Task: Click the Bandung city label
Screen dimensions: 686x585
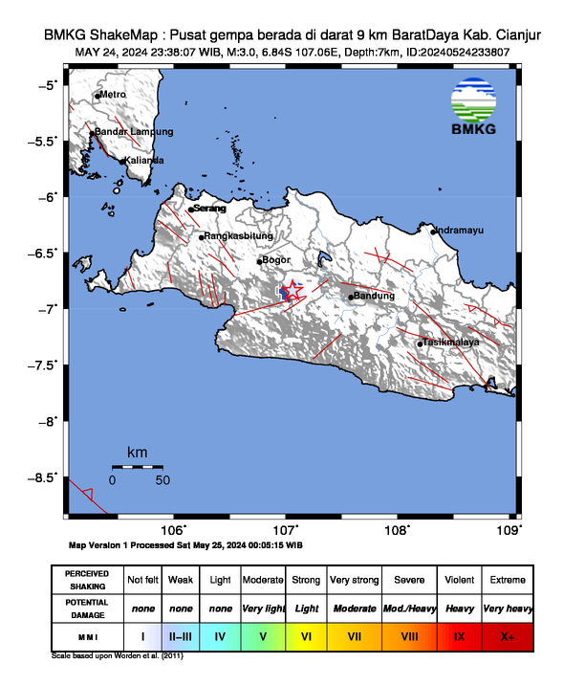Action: point(375,296)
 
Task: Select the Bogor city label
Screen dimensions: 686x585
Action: point(275,259)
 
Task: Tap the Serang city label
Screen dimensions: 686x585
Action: point(210,208)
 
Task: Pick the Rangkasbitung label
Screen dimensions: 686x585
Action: point(239,235)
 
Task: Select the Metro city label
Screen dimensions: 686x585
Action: point(113,94)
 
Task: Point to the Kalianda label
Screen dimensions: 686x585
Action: point(144,160)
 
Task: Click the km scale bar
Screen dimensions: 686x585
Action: point(137,466)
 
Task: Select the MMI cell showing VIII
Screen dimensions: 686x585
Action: point(408,635)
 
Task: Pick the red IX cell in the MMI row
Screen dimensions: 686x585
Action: point(458,635)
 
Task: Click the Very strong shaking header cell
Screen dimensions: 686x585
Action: point(353,580)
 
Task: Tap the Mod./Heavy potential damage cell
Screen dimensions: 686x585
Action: point(408,608)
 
